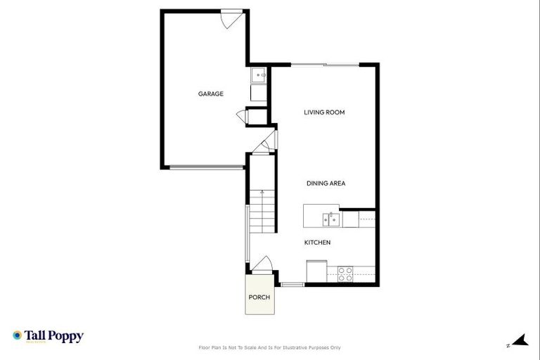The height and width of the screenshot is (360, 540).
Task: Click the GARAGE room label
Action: (x=210, y=94)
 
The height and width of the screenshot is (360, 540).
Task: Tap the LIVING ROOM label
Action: (x=324, y=112)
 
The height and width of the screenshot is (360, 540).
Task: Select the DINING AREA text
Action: (x=326, y=184)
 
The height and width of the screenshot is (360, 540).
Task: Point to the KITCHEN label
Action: (x=317, y=243)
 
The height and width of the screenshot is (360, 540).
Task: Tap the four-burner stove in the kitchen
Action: (x=345, y=274)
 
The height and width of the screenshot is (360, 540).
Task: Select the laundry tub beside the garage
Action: (x=259, y=75)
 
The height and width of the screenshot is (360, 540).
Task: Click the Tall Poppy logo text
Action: (x=55, y=336)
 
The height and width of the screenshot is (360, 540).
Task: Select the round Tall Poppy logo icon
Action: (x=17, y=335)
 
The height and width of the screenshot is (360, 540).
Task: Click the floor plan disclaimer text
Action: (x=270, y=347)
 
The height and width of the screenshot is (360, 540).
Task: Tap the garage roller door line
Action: (x=206, y=167)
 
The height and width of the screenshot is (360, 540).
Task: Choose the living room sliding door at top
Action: (x=325, y=65)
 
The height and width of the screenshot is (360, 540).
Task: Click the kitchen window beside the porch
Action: (x=292, y=284)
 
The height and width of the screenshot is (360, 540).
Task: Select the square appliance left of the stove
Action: (x=316, y=270)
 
